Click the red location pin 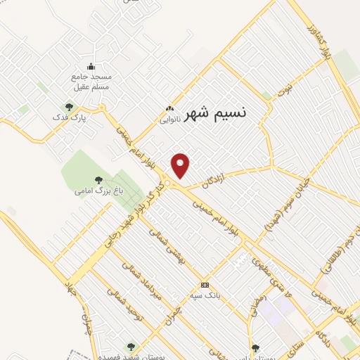click(x=181, y=165)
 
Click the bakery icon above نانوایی click(x=169, y=109)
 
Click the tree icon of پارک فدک click(x=68, y=107)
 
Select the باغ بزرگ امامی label click(x=95, y=191)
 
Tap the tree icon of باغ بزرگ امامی click(x=95, y=180)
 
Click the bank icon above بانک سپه click(x=205, y=285)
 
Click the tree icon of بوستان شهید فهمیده click(x=130, y=347)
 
